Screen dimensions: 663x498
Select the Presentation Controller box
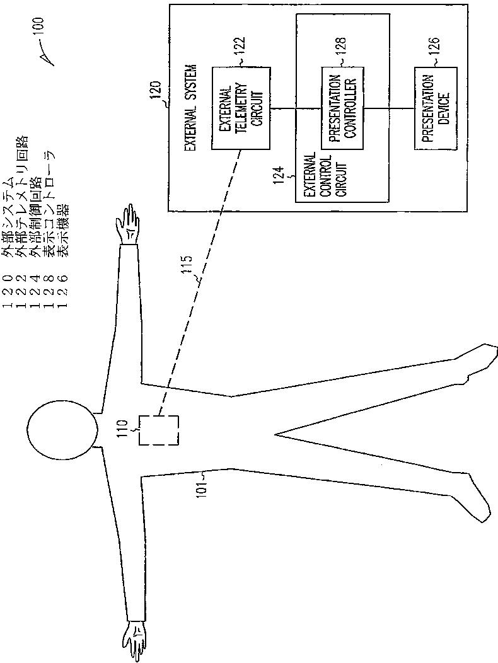[342, 108]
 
